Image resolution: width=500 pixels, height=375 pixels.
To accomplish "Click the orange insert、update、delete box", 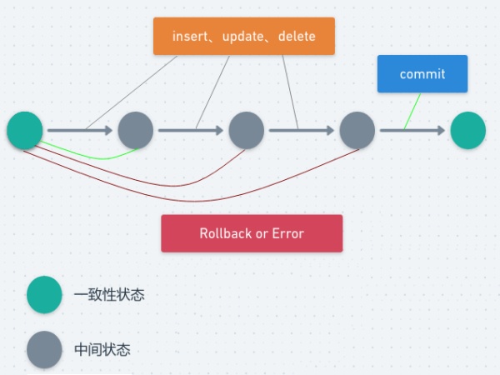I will click(x=244, y=36).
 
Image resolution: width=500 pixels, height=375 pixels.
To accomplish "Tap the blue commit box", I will click(x=422, y=73).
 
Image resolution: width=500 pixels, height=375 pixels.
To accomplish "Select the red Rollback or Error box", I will click(x=252, y=233).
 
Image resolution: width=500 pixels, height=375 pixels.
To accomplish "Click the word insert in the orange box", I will click(x=191, y=37).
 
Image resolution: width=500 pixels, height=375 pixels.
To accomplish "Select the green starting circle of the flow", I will click(x=25, y=131).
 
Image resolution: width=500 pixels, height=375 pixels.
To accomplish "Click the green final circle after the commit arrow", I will click(x=467, y=131).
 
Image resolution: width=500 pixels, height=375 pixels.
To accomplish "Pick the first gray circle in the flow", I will click(x=135, y=131).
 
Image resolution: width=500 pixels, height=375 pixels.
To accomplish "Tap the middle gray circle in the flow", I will click(x=246, y=131).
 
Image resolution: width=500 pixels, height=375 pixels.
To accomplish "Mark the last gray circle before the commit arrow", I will click(x=357, y=131).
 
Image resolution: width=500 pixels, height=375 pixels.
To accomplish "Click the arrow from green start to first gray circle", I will click(x=79, y=130).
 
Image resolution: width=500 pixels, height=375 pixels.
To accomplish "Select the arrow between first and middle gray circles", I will click(x=191, y=130).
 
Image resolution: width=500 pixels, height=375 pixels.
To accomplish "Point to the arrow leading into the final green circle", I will click(x=412, y=130).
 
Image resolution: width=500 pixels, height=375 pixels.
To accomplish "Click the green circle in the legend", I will click(x=44, y=295).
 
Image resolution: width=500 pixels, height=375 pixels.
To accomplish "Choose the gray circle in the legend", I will click(x=44, y=350).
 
